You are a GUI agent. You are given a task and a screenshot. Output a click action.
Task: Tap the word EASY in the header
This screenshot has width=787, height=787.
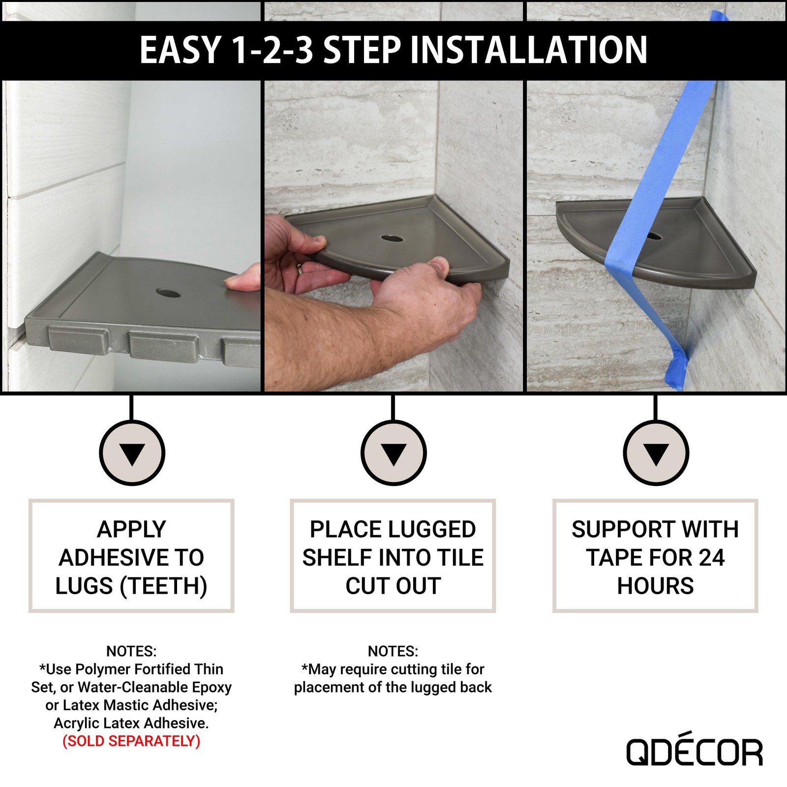180,50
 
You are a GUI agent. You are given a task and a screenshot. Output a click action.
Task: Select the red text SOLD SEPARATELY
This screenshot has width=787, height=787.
131,741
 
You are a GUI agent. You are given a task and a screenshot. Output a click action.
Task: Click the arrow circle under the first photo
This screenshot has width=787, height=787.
132,453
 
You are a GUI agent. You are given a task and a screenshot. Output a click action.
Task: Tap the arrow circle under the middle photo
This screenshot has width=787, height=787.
393,453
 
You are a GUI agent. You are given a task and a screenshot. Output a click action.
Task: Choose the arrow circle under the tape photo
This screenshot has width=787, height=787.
656,453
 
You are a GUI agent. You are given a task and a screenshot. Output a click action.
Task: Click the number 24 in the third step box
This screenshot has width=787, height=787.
711,558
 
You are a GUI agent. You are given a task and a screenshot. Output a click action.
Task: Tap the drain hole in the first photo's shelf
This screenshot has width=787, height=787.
168,294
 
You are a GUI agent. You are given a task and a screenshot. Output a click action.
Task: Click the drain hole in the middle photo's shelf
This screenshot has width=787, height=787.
392,239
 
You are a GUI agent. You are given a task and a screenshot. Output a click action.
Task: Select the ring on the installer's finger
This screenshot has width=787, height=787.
299,269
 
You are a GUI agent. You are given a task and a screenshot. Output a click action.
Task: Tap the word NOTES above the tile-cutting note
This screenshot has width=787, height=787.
393,651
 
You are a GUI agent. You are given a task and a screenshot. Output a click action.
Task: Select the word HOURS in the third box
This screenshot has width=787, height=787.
655,586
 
